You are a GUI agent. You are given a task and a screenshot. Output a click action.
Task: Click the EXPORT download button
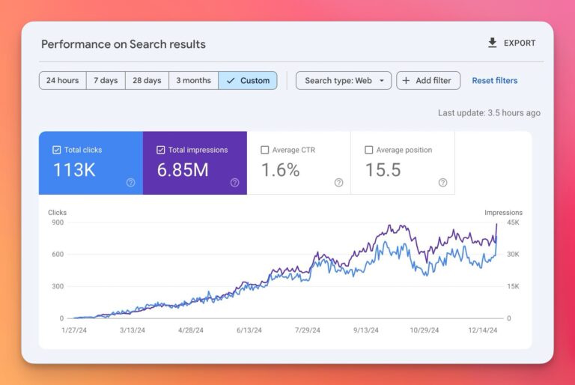click(512, 43)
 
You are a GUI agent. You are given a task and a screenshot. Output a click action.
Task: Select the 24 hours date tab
click(62, 81)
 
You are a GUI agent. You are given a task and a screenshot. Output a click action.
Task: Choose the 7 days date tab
click(105, 81)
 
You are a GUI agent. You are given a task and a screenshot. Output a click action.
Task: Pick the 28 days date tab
click(147, 81)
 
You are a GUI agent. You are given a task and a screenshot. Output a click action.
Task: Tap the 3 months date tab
click(193, 81)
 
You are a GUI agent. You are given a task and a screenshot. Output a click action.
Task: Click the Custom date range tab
click(248, 81)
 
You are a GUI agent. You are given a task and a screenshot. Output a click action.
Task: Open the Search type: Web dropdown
click(344, 81)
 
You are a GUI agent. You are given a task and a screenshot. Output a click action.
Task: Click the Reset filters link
click(494, 81)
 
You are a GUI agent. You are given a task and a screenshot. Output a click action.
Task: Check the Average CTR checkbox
click(265, 150)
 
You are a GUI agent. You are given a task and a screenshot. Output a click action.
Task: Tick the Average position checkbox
click(369, 150)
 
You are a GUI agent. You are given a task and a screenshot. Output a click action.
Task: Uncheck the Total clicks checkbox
click(57, 150)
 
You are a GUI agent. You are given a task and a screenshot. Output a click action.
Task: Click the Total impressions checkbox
click(161, 150)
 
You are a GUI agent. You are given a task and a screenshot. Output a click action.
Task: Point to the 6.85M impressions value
click(183, 170)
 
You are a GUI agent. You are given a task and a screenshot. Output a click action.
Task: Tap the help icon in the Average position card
click(442, 182)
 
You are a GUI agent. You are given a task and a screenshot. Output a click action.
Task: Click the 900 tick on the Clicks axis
click(56, 222)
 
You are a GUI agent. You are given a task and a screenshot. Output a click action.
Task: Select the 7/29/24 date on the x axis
click(307, 330)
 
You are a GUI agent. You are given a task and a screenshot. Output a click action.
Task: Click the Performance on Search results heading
click(124, 44)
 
